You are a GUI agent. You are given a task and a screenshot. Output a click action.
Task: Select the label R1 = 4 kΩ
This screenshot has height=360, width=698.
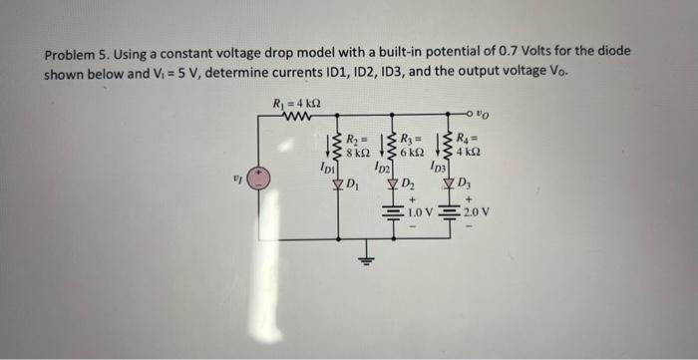(x=296, y=104)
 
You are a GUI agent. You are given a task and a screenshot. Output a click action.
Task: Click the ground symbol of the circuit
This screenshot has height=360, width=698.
(x=366, y=261)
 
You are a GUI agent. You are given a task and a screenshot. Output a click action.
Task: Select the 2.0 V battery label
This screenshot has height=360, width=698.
(x=476, y=211)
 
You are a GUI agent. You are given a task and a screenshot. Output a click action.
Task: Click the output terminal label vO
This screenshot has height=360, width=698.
(x=484, y=117)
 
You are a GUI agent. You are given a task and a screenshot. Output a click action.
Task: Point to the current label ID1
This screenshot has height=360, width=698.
(x=325, y=173)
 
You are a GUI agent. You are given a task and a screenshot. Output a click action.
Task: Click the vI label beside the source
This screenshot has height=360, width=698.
(x=236, y=180)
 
